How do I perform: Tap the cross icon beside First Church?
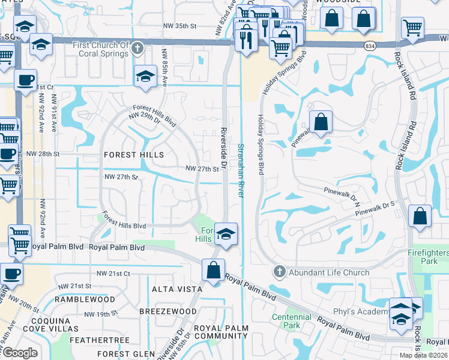click(137, 49)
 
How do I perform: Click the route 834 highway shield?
click(370, 46)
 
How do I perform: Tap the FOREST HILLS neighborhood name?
click(134, 155)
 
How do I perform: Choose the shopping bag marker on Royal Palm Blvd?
click(213, 270)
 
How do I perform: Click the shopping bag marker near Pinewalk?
click(321, 122)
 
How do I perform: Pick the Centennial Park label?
click(286, 321)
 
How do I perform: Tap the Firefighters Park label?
click(427, 257)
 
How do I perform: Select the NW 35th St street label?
click(180, 26)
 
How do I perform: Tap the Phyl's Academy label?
click(360, 312)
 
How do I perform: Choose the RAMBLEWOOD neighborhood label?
click(85, 299)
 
